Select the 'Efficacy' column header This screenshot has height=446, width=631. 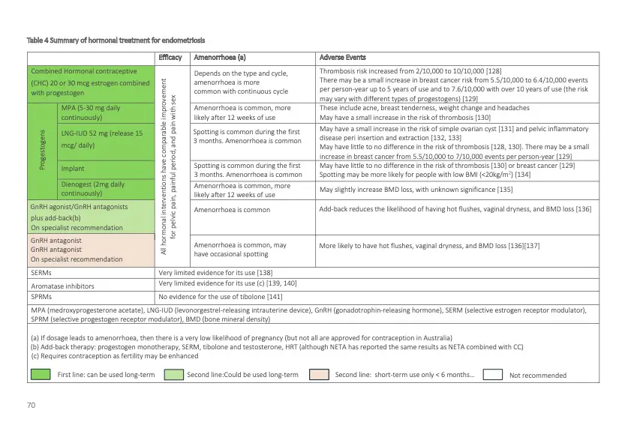[170, 57]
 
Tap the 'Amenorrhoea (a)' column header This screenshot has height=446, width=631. [220, 57]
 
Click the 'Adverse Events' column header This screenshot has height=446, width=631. [342, 57]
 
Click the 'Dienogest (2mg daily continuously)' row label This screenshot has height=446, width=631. [92, 189]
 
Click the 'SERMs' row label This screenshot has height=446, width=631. [39, 273]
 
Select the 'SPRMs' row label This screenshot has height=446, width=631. [40, 297]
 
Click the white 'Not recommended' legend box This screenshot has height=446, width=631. [491, 375]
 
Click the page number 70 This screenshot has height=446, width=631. [31, 405]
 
